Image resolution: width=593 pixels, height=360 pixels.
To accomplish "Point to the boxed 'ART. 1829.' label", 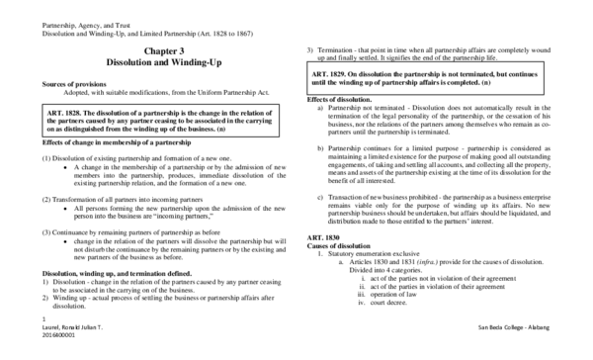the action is (x=335, y=75).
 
